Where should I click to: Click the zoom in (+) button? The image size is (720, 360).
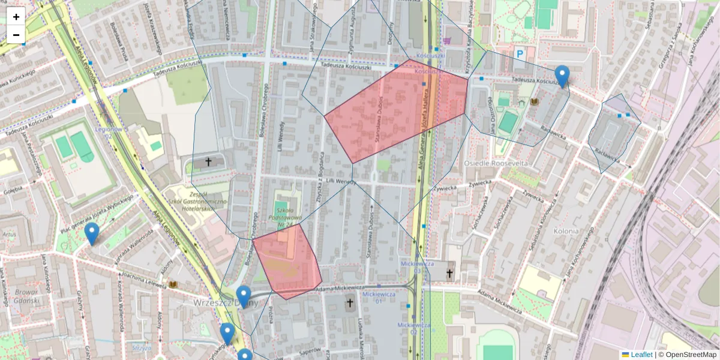point(16,17)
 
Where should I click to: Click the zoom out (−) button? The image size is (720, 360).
point(16,35)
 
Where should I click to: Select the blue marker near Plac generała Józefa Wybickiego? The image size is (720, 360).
point(91,233)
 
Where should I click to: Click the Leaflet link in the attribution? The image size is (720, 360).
point(641,355)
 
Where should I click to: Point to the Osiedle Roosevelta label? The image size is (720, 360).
point(496,163)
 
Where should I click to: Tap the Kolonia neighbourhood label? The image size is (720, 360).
point(566,231)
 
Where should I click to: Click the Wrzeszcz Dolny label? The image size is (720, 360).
point(226,303)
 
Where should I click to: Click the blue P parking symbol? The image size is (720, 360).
point(520,53)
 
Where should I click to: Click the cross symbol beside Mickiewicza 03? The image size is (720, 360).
point(449,273)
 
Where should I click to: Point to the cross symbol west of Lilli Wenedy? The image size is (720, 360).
point(209,162)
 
